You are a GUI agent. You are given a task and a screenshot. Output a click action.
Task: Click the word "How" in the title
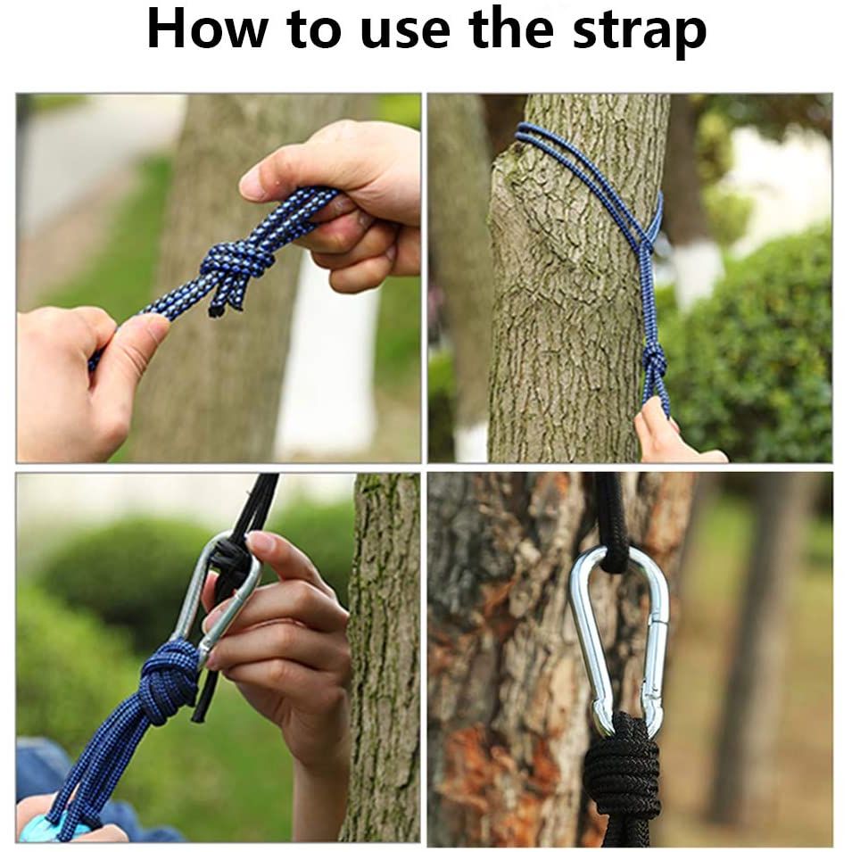(207, 29)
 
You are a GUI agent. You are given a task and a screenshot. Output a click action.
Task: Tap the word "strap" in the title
(640, 33)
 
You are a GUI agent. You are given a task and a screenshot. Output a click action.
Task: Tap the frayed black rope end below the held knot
(218, 310)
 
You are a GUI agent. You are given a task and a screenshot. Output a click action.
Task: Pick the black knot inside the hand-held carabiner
(231, 565)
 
